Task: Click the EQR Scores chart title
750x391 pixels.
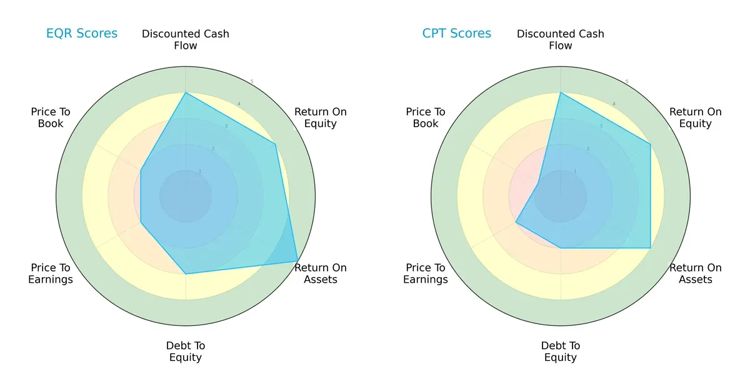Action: tap(82, 34)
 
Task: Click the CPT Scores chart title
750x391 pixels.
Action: tap(457, 34)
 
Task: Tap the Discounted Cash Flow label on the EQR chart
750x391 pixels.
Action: tap(186, 39)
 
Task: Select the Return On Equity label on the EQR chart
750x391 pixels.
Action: tap(321, 118)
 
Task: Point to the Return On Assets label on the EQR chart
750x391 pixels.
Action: tap(321, 273)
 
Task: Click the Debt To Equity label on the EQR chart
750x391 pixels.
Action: tap(186, 352)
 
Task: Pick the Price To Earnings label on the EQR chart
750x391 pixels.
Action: tap(51, 273)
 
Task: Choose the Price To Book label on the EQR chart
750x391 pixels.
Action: tap(51, 118)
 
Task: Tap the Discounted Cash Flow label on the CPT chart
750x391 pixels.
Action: tap(561, 39)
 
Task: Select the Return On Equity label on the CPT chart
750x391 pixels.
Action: tap(696, 118)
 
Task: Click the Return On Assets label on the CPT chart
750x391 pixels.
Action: tap(696, 273)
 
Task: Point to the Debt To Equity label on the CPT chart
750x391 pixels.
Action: tap(561, 352)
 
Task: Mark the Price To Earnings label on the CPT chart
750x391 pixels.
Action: tap(426, 273)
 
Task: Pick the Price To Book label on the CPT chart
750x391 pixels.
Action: tap(426, 118)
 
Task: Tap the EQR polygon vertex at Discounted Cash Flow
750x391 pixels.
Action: tap(186, 93)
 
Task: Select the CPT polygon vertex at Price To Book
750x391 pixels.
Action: tap(538, 183)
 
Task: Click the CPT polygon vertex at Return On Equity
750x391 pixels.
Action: tap(650, 145)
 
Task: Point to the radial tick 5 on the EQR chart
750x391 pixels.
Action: tap(252, 82)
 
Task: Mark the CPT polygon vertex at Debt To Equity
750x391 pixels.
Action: tap(561, 248)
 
